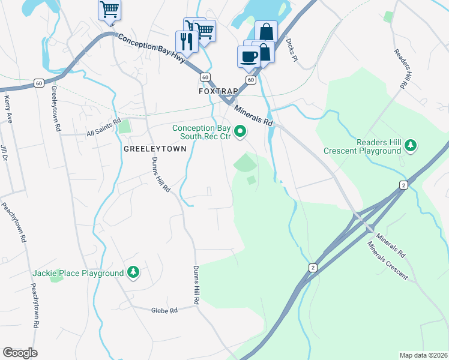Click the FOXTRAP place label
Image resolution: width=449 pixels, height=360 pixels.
point(218,91)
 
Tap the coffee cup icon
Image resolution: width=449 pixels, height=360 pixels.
point(249,57)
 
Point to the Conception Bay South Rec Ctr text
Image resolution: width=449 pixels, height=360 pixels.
point(202,132)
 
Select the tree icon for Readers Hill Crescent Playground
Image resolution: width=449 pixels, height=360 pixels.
point(411,145)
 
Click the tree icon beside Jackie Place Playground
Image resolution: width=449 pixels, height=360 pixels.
point(133,273)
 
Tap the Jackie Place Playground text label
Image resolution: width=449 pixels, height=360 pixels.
point(78,274)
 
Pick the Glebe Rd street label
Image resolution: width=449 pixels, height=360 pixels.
point(164,310)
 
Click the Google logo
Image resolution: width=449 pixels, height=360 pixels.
point(20,352)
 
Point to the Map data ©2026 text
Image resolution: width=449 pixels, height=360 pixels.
point(423,355)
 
